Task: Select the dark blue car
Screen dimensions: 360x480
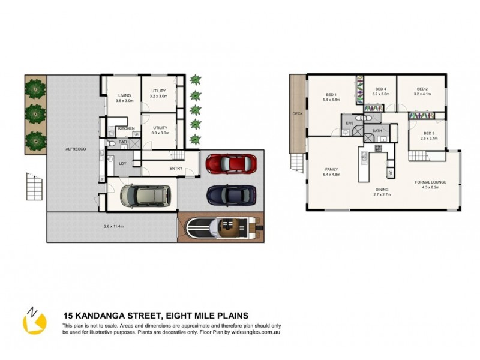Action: click(231, 194)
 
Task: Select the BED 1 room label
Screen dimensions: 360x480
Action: click(331, 94)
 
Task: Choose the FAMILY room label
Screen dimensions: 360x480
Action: click(332, 170)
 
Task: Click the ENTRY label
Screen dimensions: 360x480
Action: click(176, 169)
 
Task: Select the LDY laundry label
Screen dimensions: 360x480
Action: click(122, 164)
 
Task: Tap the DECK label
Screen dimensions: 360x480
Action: click(296, 114)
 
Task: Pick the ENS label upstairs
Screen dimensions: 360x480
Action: click(349, 124)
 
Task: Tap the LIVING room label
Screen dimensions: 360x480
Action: click(124, 95)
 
